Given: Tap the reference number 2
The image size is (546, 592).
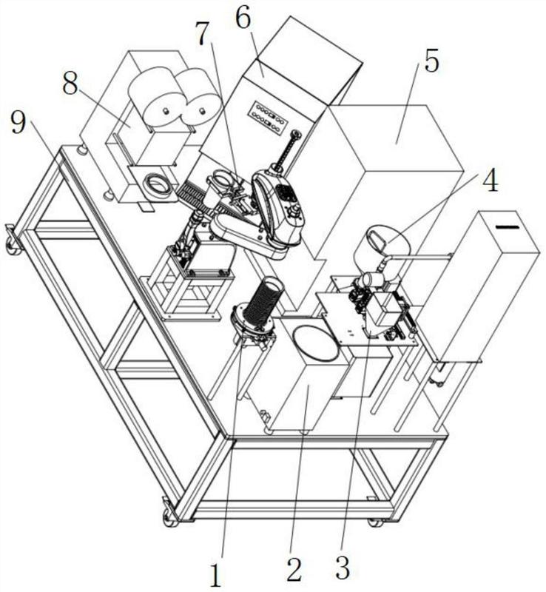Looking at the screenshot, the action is [x=294, y=571].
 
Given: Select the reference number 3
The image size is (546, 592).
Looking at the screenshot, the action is [x=343, y=571].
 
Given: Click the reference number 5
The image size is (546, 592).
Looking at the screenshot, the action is [x=431, y=62].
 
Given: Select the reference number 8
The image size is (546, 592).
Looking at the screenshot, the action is [x=70, y=84].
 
